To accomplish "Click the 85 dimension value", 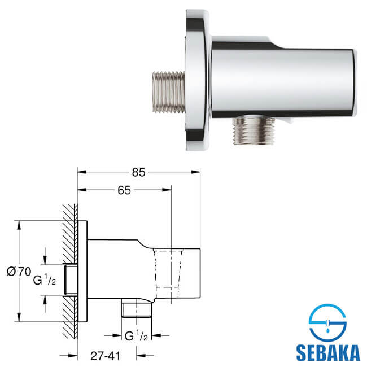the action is pos(138,172).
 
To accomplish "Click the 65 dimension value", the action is pos(124,190).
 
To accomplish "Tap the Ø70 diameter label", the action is pos(19,272).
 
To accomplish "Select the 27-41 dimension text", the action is pos(106,356).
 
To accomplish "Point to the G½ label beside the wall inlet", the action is pos(45,279).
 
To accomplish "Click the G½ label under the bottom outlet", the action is pos(136,336).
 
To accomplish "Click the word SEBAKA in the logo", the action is pos(327,353).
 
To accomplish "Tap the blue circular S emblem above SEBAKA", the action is pos(327,324).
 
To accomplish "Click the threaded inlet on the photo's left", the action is pos(168,92).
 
